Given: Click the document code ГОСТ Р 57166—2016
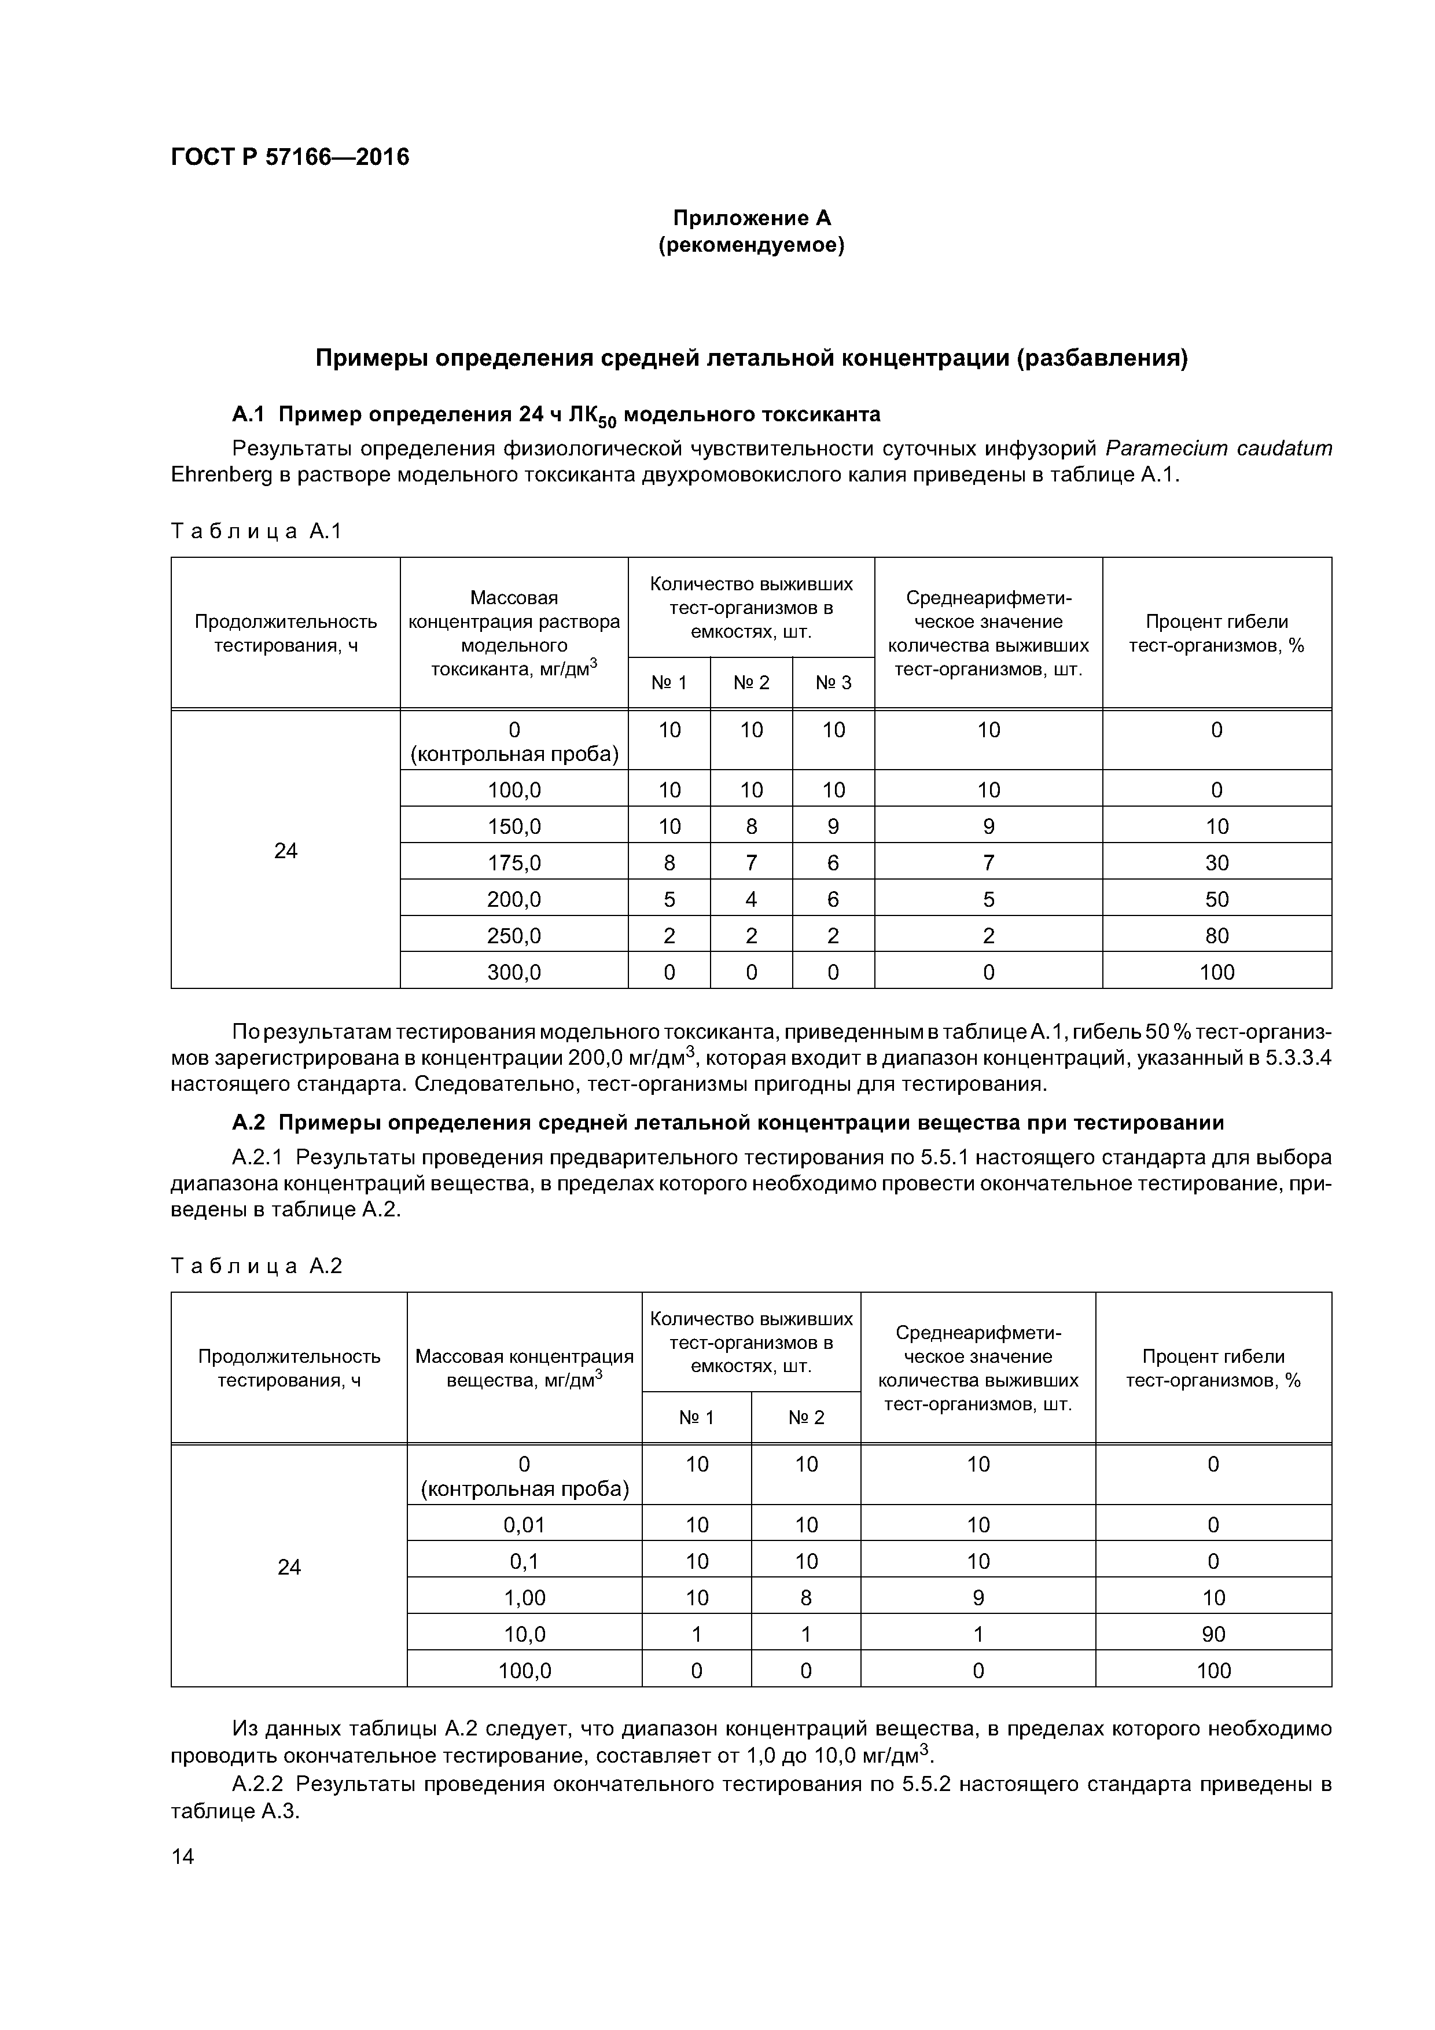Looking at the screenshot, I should [x=290, y=157].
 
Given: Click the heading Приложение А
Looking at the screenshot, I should [x=752, y=218].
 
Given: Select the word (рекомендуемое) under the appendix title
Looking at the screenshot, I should [x=752, y=245].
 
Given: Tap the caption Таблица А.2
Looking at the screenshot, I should [x=256, y=1266].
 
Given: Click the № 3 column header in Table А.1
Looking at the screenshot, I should [x=833, y=683].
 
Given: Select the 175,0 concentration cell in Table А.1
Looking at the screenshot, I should [x=514, y=862].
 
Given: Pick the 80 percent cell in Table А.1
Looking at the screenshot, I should [x=1217, y=935].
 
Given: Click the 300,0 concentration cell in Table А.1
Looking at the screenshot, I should [x=514, y=973].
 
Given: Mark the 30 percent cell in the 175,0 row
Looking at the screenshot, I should [x=1217, y=862].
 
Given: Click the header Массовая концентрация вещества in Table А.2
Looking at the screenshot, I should [x=524, y=1368].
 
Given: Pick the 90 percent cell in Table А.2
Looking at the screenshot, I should [x=1213, y=1634].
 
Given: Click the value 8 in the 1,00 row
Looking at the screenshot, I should [x=805, y=1598].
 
